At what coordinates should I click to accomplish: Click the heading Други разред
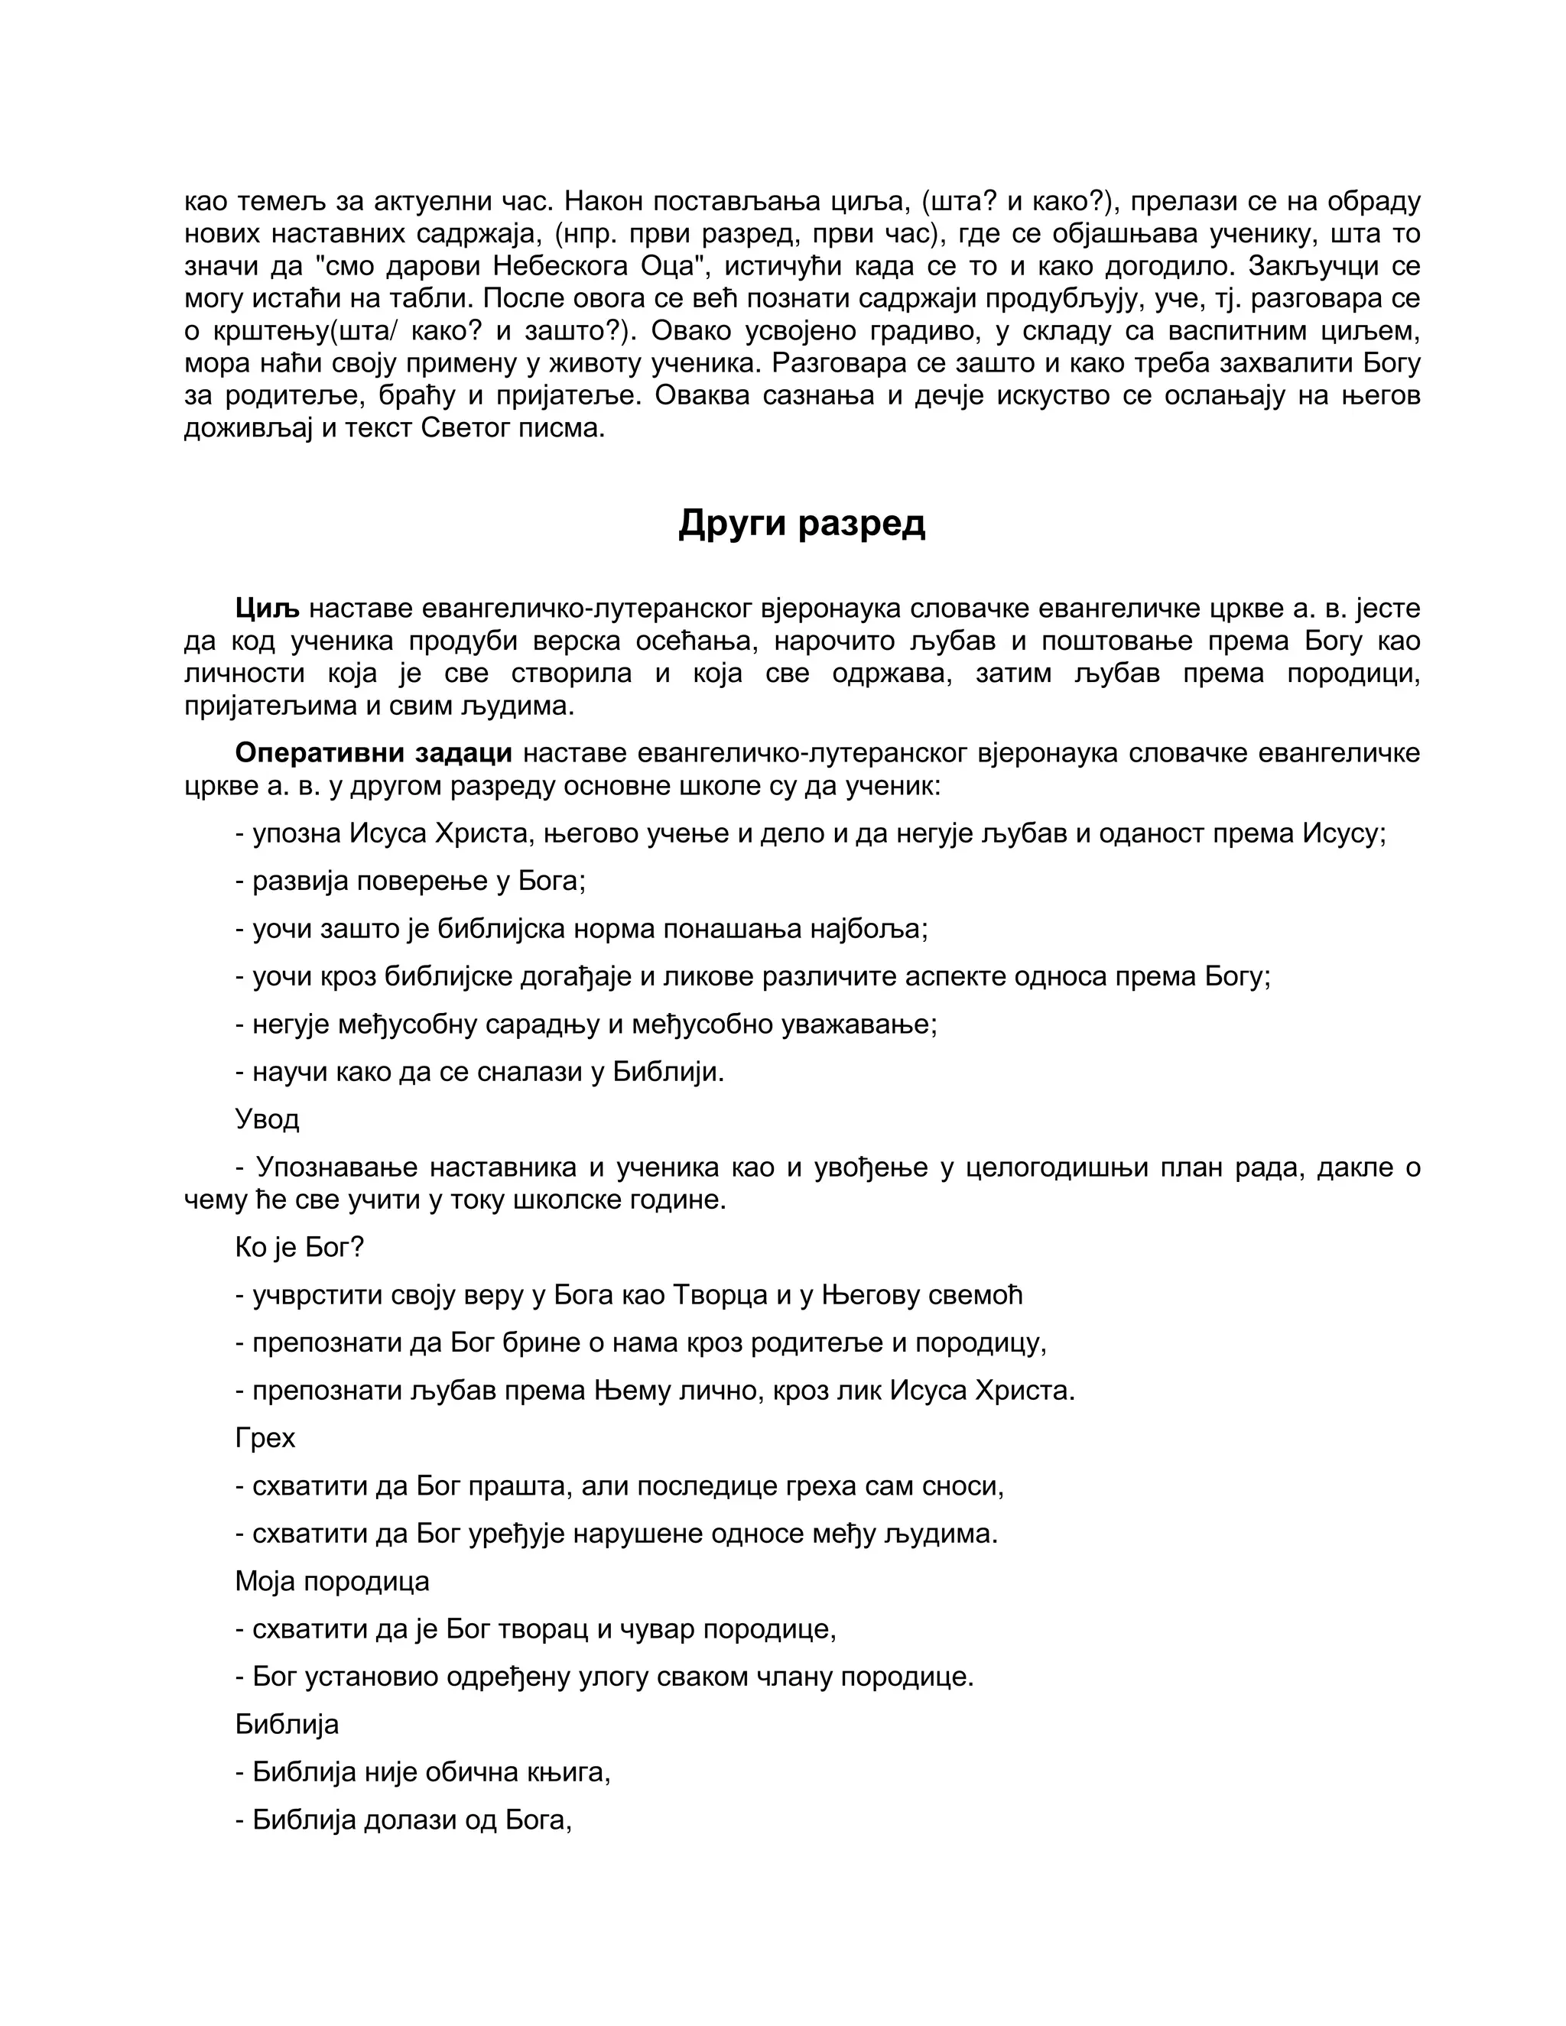click(x=801, y=523)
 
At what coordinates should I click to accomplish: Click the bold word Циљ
click(x=267, y=609)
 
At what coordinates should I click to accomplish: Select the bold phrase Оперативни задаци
click(x=373, y=752)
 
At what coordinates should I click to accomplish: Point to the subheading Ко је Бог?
click(x=300, y=1248)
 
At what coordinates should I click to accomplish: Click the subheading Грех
click(x=265, y=1438)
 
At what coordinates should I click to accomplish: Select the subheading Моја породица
click(x=332, y=1581)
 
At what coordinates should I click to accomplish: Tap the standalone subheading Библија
click(x=287, y=1723)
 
